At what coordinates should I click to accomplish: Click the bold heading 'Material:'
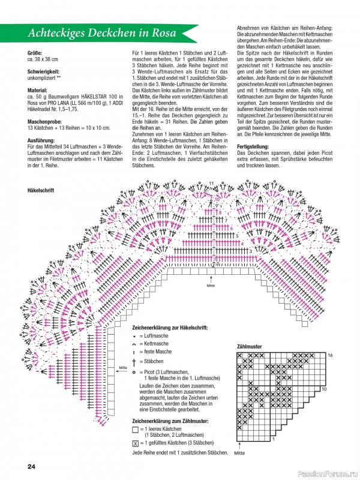coord(37,89)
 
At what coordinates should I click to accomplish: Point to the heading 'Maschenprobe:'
coord(44,119)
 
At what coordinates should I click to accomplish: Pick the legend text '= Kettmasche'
coord(154,345)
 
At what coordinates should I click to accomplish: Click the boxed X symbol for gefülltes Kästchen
coord(134,443)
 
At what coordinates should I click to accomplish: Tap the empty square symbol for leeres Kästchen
coord(134,430)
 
